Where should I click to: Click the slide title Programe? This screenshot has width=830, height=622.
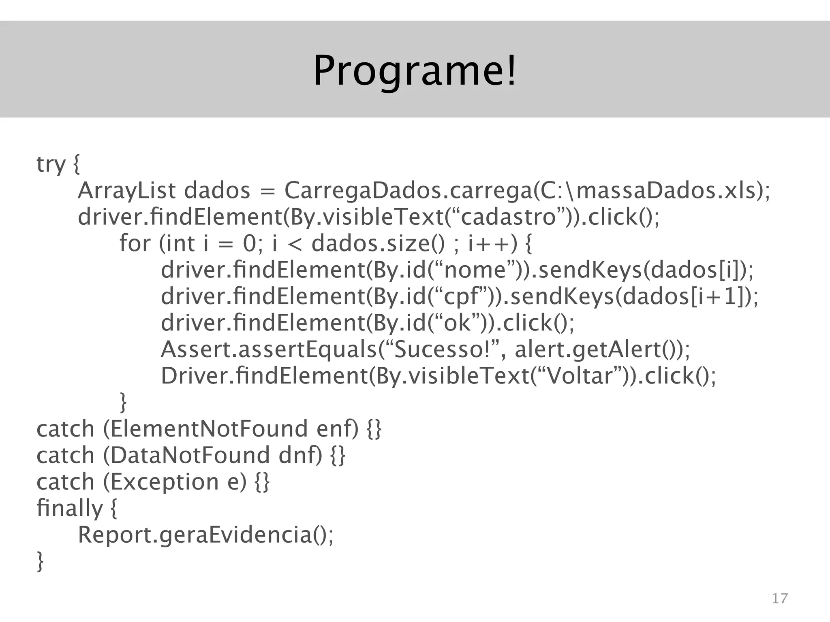(415, 70)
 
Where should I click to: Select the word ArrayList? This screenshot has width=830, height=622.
(127, 191)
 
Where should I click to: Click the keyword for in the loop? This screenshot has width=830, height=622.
(135, 243)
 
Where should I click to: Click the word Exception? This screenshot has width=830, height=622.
(165, 482)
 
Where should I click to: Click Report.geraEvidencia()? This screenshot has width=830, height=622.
(205, 535)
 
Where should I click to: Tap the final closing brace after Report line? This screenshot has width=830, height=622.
(40, 561)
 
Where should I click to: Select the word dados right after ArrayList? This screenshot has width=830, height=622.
(217, 191)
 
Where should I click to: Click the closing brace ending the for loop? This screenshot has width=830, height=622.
(123, 402)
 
